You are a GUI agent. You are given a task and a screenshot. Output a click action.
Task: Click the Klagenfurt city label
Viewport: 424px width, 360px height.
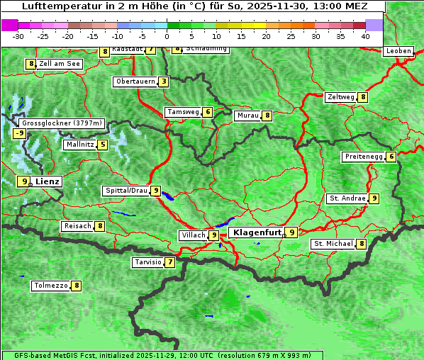[256, 232]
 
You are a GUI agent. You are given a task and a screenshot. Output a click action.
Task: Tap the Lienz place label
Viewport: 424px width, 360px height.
[48, 181]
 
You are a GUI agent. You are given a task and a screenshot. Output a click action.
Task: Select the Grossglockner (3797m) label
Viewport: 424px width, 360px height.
[61, 123]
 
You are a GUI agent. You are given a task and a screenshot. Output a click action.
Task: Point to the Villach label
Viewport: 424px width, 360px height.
[193, 235]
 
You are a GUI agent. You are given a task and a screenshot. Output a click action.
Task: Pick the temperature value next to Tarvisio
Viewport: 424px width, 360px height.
[169, 262]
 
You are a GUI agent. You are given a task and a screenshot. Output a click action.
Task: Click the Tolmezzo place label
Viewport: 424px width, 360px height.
[50, 286]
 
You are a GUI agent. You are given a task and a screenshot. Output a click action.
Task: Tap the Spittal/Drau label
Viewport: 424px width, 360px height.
[126, 191]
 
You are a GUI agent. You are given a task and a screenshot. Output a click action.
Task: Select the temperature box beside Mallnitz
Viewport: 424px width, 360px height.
[103, 145]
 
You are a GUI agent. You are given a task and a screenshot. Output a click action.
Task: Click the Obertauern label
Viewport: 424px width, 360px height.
[135, 81]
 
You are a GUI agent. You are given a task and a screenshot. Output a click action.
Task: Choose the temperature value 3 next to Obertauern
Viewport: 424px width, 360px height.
[164, 81]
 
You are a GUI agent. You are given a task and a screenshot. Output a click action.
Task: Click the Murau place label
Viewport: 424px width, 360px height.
[247, 116]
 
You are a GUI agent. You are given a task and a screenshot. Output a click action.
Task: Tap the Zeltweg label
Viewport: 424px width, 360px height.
[340, 97]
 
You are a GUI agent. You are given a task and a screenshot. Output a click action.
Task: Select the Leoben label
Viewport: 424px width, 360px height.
[398, 51]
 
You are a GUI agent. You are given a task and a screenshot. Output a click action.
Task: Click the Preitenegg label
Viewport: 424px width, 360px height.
[364, 157]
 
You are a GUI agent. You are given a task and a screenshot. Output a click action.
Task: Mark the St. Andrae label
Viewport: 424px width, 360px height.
[347, 198]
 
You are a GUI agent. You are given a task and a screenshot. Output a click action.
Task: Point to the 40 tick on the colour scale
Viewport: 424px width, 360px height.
[365, 35]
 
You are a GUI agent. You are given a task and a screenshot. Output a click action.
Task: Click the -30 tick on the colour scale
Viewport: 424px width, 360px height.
[18, 35]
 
